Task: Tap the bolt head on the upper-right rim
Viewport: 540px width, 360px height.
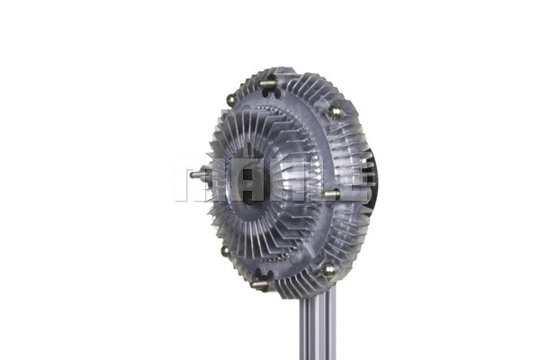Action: pos(335,112)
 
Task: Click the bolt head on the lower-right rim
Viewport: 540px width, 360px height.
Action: pos(329,267)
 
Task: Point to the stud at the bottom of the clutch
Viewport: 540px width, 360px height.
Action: pos(261,284)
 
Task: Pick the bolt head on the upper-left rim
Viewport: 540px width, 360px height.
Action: pos(231,100)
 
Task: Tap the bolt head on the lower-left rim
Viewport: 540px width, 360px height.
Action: pos(224,251)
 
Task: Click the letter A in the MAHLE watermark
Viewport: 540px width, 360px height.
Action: pos(236,183)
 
